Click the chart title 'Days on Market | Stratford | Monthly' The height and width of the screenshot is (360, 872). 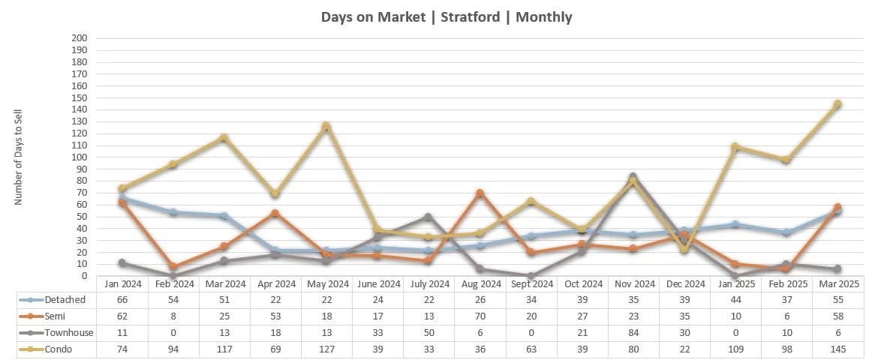pos(446,16)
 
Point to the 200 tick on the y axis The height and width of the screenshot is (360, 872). pos(79,38)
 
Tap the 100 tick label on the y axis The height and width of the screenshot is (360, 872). pos(79,157)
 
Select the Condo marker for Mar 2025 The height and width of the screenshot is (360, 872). pos(837,104)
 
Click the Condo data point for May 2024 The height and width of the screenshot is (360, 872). pos(326,126)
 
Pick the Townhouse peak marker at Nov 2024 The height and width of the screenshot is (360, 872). pos(633,177)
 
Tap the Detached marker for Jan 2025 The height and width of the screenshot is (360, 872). pos(735,224)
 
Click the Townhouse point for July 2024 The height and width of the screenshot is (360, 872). pos(428,217)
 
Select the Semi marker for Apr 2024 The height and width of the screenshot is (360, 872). pos(275,214)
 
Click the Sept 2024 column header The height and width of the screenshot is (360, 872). pos(531,283)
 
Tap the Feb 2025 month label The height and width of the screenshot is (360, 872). pos(786,283)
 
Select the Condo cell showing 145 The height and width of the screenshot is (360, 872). pos(837,349)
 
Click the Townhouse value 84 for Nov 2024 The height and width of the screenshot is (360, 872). pos(633,332)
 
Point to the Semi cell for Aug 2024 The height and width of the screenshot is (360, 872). pos(480,316)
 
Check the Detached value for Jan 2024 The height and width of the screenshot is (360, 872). pos(122,299)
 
